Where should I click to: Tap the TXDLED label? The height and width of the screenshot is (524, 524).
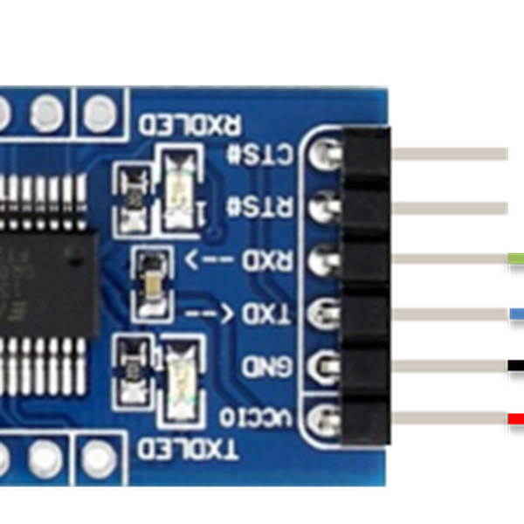(188, 450)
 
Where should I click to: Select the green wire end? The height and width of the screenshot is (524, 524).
(516, 259)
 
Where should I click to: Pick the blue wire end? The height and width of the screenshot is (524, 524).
(516, 312)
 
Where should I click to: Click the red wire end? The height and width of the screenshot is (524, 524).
(516, 419)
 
